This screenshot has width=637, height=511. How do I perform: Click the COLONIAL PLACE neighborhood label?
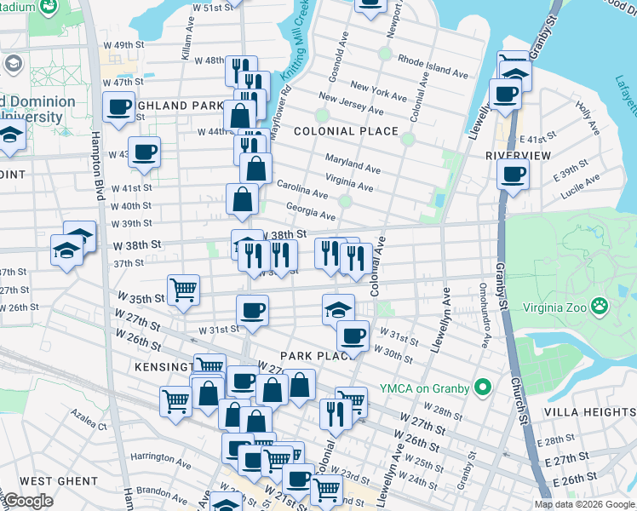[x=346, y=131]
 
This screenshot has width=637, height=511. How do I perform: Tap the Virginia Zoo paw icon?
[x=601, y=304]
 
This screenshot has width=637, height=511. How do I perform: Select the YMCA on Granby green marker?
[x=483, y=388]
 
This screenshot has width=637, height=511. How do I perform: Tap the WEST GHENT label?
[x=59, y=481]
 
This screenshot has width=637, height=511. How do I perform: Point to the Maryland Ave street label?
[x=353, y=164]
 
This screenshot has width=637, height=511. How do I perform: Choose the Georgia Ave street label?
[x=310, y=211]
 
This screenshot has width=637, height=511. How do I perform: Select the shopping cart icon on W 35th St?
[x=183, y=290]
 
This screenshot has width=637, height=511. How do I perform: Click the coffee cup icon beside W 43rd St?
[x=145, y=152]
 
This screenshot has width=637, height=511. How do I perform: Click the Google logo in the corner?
[x=28, y=502]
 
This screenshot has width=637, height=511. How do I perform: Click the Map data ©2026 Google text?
[x=583, y=504]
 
